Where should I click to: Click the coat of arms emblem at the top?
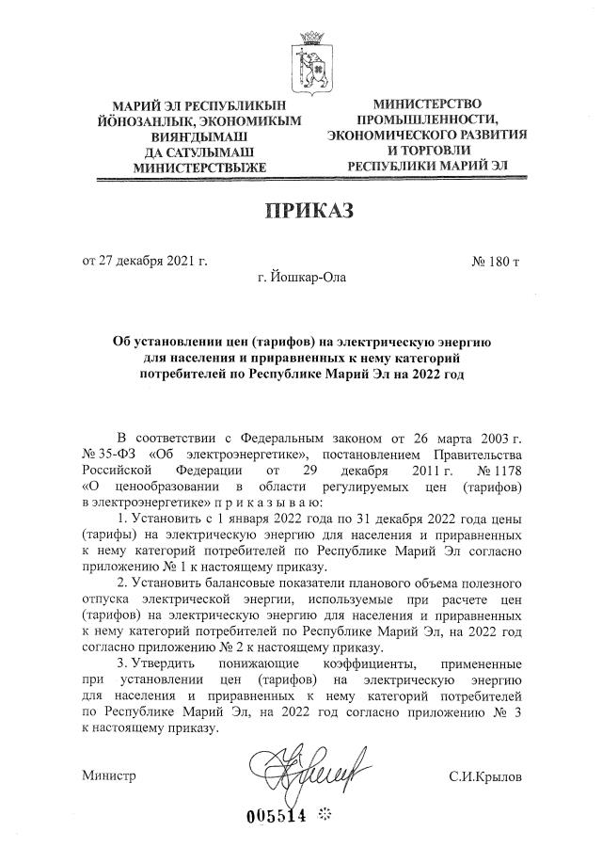[x=309, y=58]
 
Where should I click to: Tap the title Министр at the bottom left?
[x=109, y=775]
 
